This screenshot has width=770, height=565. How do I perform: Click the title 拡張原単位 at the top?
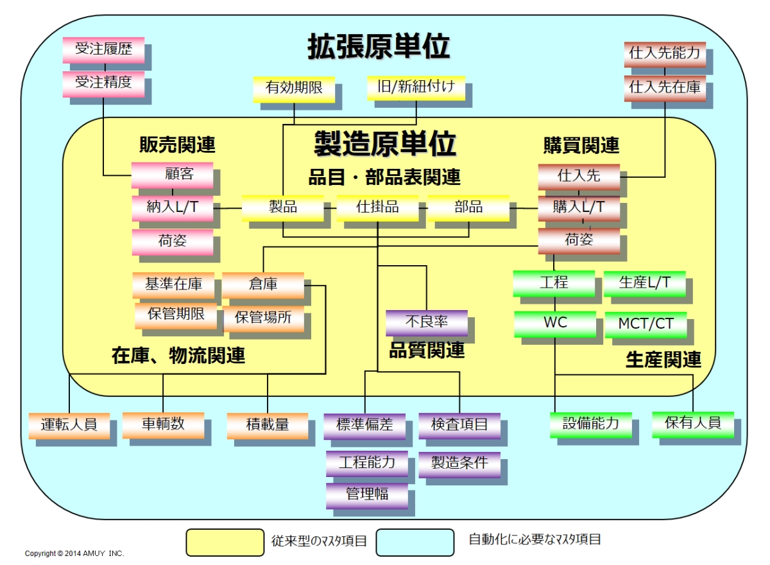[379, 47]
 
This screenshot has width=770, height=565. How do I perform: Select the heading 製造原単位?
[384, 143]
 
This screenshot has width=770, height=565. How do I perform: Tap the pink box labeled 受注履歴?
[103, 49]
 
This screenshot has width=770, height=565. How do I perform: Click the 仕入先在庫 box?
[665, 87]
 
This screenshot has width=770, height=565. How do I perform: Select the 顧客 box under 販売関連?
[172, 175]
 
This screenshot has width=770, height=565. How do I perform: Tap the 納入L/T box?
[172, 207]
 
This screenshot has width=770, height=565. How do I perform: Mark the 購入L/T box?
[579, 207]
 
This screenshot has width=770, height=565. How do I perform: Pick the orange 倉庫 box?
[263, 284]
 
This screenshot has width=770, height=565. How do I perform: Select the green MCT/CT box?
[646, 324]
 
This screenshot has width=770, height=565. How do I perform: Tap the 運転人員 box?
[69, 425]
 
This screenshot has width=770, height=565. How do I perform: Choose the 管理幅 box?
[367, 495]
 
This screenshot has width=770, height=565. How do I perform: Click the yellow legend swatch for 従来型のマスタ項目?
[225, 542]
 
